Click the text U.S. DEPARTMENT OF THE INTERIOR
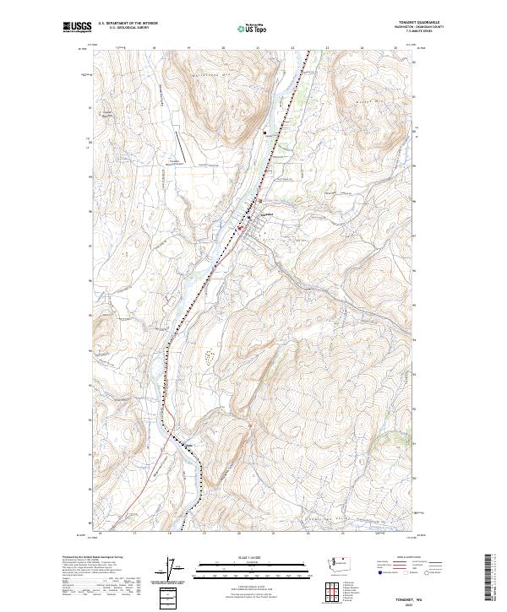click(128, 23)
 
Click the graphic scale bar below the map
click(244, 567)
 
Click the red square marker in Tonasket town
click(239, 227)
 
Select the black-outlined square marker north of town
click(264, 133)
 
